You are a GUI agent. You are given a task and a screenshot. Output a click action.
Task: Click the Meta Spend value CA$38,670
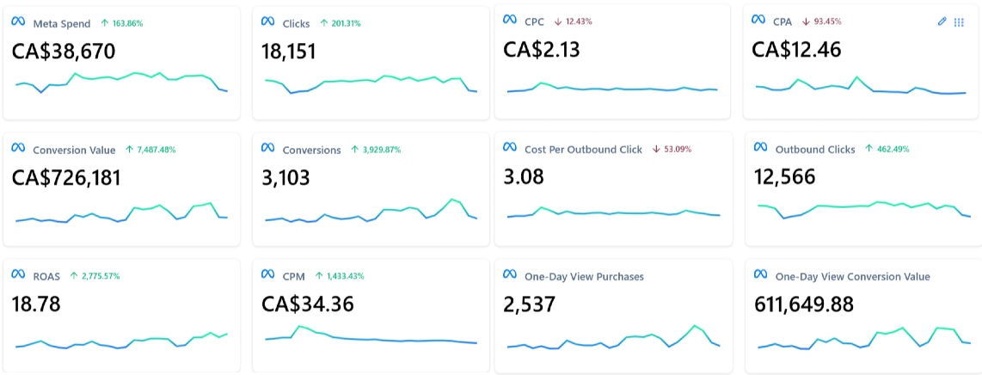(x=63, y=52)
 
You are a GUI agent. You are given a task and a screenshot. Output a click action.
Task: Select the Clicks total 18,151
(x=289, y=52)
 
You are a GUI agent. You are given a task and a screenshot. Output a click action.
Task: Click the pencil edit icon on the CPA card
(x=942, y=22)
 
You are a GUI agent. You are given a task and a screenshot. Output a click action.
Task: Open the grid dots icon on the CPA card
(x=959, y=22)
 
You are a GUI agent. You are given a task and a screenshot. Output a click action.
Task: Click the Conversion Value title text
(x=74, y=150)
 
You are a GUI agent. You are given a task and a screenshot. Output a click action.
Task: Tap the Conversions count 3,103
(x=285, y=178)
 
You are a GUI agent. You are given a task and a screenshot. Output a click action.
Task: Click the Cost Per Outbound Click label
(x=583, y=149)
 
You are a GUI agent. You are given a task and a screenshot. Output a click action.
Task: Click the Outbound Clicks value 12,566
(x=785, y=178)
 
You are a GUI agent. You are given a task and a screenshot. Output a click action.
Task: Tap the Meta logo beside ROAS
(x=18, y=275)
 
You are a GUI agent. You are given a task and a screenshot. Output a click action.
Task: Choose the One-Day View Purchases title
(x=584, y=276)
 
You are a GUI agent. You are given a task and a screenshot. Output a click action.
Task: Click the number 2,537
(x=530, y=304)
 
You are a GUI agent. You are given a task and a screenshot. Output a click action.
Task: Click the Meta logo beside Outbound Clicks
(x=759, y=149)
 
